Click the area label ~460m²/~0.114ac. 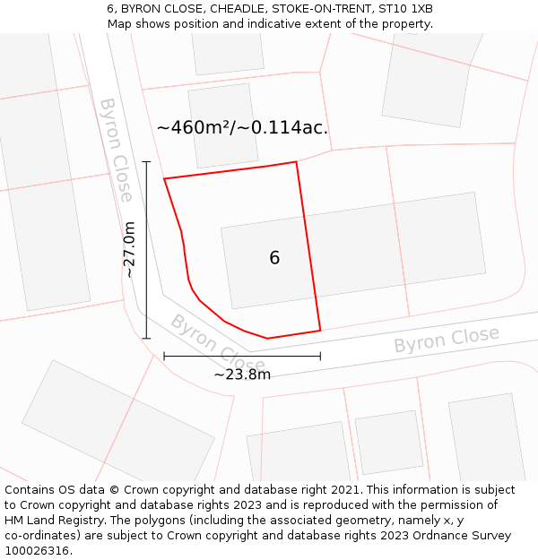[242, 128]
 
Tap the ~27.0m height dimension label [130, 250]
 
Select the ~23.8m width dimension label [242, 375]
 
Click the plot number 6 [274, 258]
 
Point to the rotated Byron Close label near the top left [117, 150]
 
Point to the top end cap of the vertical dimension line [146, 162]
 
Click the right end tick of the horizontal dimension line [320, 357]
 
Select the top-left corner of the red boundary [164, 179]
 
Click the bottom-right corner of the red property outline [320, 331]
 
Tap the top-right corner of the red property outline [296, 162]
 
